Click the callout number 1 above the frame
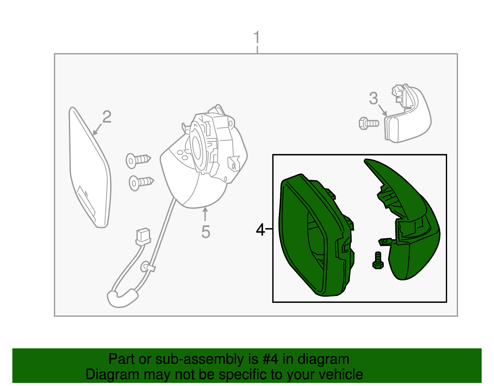click(257, 37)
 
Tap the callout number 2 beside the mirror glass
click(107, 117)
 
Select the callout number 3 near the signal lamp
click(373, 99)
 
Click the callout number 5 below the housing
click(206, 232)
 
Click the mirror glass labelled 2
click(90, 167)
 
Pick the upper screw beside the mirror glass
click(138, 161)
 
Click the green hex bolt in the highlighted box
click(378, 260)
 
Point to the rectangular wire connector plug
click(143, 236)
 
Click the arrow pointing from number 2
click(97, 129)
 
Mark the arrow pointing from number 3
click(383, 110)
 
